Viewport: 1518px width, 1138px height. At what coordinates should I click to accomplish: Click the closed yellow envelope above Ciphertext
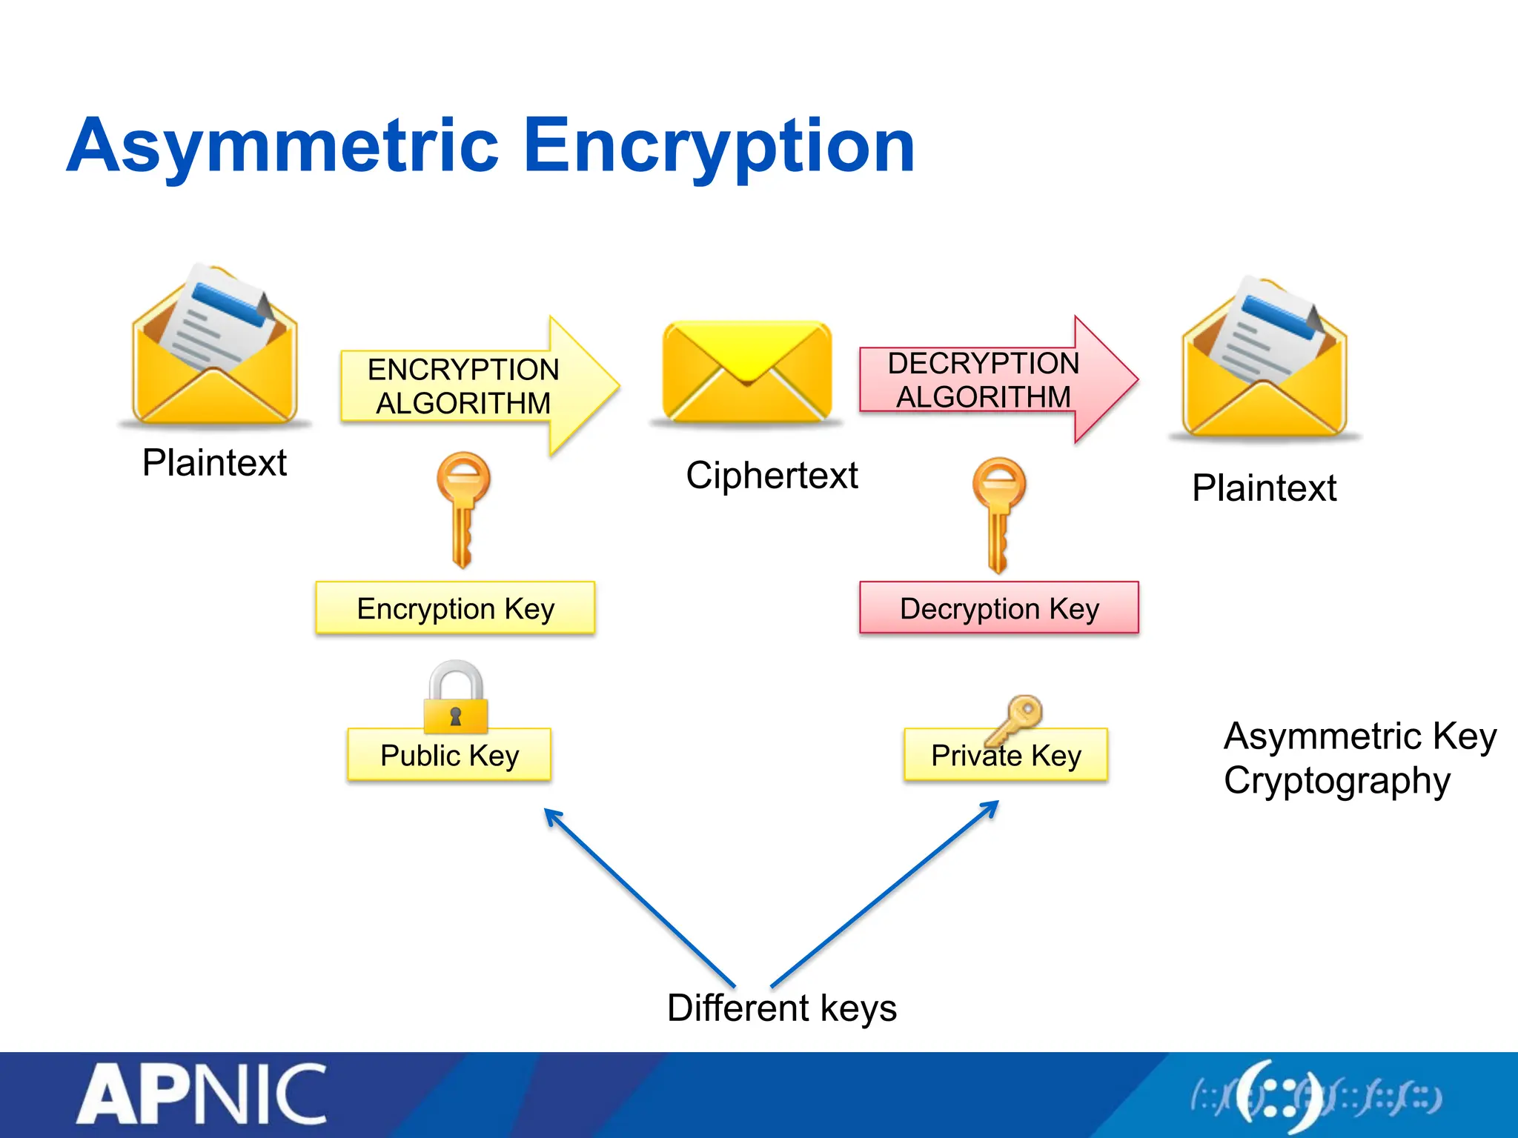[747, 371]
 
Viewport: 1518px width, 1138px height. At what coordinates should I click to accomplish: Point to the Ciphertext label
[772, 475]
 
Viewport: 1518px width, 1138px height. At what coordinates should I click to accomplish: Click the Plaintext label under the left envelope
[214, 463]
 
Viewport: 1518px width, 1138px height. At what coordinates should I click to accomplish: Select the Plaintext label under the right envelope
[1264, 488]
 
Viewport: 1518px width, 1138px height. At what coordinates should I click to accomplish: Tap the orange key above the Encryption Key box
[463, 508]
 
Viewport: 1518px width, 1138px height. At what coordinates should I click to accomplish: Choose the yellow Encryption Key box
[455, 608]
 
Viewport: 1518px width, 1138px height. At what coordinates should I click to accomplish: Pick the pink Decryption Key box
[998, 608]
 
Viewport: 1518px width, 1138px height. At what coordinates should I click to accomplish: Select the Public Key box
[449, 756]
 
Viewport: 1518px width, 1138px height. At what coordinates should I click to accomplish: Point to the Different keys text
[781, 1008]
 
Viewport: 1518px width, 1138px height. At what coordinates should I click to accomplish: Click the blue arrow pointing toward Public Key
[637, 896]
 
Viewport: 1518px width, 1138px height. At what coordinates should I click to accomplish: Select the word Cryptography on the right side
[1336, 781]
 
